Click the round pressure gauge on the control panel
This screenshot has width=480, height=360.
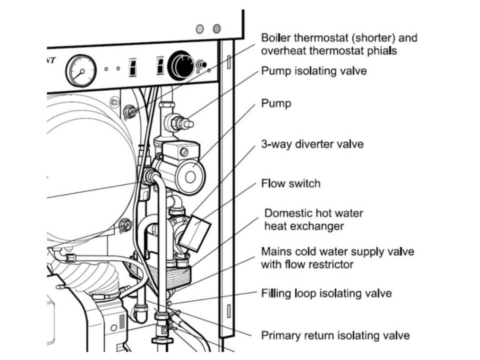tap(81, 70)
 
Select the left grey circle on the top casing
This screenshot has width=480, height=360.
tap(200, 29)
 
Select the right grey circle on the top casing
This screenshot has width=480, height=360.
tap(217, 29)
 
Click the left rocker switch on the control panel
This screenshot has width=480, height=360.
tap(133, 67)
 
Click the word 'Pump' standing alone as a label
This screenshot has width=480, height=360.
tap(276, 104)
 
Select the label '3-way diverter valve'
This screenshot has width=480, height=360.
tap(312, 144)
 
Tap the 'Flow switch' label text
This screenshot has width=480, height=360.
tap(290, 184)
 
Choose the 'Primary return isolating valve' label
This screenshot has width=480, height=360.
tap(335, 336)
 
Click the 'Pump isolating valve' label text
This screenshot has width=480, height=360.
tap(314, 71)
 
